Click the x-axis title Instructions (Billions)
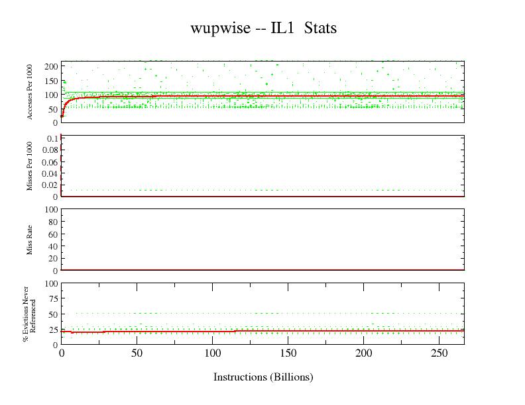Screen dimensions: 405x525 (263, 377)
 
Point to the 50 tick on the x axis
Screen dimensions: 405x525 (137, 353)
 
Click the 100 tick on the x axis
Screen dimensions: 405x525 (212, 353)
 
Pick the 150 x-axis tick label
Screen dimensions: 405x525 (288, 353)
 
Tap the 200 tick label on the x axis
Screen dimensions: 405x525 (364, 353)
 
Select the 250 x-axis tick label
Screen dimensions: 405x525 (439, 353)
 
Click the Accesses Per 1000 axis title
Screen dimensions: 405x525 (30, 91)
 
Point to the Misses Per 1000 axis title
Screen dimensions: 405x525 (30, 166)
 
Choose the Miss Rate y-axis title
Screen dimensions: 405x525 (30, 240)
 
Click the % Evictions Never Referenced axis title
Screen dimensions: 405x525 (29, 314)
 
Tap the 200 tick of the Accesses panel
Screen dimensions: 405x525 (50, 67)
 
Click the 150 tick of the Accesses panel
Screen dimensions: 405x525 (50, 81)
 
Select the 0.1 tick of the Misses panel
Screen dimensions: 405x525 (52, 138)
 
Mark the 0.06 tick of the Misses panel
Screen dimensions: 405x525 (50, 161)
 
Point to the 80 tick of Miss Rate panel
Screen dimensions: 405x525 (53, 221)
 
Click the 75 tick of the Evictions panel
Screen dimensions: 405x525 (53, 298)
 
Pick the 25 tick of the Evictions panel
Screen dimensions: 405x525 (53, 330)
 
